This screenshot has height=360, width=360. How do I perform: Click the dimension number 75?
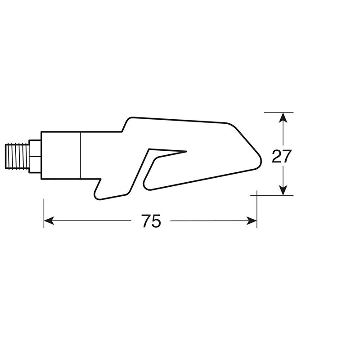pos(151,221)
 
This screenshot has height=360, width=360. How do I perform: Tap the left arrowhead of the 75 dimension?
pos(49,220)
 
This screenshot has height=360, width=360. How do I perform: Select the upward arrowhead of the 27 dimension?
pos(282,117)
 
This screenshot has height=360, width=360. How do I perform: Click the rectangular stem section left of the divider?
pos(60,156)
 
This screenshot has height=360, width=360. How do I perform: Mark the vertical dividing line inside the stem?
pos(81,156)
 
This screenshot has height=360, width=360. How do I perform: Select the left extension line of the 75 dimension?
pos(44,211)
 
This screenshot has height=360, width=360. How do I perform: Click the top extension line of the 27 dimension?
pos(279,112)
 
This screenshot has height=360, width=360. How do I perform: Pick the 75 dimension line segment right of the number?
pos(207,220)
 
